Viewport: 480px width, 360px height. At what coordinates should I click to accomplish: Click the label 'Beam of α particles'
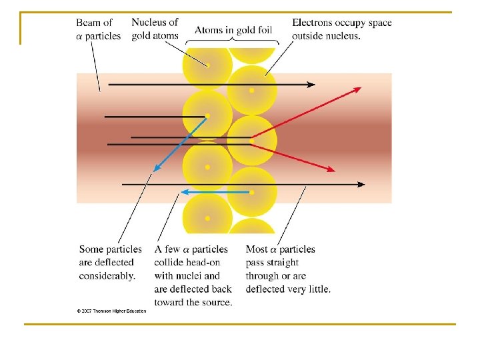click(x=99, y=29)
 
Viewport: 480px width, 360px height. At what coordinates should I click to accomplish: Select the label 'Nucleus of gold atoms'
click(x=155, y=29)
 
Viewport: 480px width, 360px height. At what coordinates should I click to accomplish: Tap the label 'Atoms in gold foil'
click(x=234, y=30)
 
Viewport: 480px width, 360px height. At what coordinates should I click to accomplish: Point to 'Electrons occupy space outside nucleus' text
click(x=341, y=29)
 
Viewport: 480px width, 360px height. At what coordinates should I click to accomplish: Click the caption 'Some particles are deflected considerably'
click(x=110, y=262)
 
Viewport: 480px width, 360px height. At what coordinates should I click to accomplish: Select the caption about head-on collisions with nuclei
click(x=193, y=275)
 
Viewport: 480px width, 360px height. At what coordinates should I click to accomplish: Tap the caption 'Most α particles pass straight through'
click(x=288, y=269)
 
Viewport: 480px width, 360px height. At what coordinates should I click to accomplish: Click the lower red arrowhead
click(x=331, y=170)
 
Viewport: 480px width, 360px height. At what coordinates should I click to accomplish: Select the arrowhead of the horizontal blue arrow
click(x=185, y=192)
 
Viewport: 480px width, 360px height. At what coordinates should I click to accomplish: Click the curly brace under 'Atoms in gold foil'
click(x=230, y=42)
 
